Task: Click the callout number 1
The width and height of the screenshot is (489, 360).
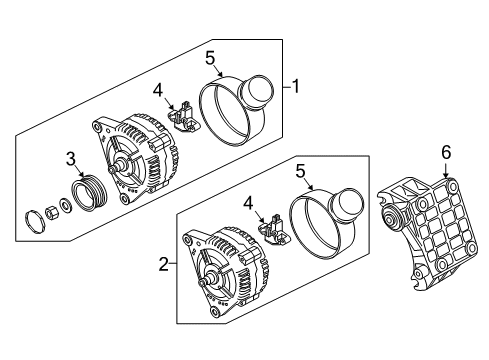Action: [295, 86]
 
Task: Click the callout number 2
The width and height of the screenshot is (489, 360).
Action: [163, 264]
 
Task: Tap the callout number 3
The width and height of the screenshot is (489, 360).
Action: [71, 159]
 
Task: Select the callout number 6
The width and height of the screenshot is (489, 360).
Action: [446, 152]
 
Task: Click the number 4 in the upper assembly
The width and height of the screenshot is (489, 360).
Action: [158, 90]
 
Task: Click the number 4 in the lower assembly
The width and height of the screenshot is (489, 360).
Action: [248, 204]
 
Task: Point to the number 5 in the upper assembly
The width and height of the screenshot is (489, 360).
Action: [210, 58]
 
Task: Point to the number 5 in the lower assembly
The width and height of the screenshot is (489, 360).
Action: [300, 172]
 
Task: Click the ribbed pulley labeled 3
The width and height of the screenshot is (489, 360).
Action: [90, 193]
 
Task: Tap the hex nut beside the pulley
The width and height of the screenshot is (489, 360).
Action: [52, 212]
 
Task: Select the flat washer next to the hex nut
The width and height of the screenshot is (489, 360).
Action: [65, 205]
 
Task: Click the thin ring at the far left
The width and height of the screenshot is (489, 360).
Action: [35, 222]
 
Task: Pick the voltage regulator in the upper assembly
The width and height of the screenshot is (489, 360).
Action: [183, 117]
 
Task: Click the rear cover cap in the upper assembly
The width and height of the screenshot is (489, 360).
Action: [237, 111]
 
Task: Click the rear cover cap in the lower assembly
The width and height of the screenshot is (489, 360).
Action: [327, 224]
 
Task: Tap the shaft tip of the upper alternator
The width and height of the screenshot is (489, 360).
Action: [111, 170]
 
